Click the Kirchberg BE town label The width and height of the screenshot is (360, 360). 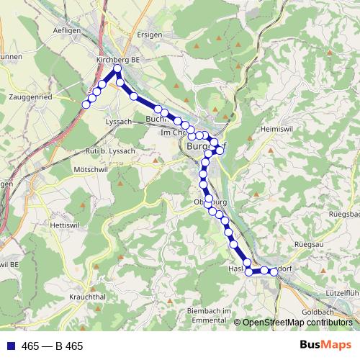pyautogui.click(x=116, y=60)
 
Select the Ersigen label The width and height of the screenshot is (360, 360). pyautogui.click(x=149, y=33)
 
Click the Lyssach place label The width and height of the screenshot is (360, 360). pyautogui.click(x=119, y=122)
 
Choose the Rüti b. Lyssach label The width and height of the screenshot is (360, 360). pyautogui.click(x=110, y=149)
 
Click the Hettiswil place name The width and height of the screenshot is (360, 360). pyautogui.click(x=65, y=225)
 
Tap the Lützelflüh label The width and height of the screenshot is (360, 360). pyautogui.click(x=341, y=294)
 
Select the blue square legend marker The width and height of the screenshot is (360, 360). pyautogui.click(x=9, y=346)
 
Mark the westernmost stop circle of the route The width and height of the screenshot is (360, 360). pyautogui.click(x=86, y=104)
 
